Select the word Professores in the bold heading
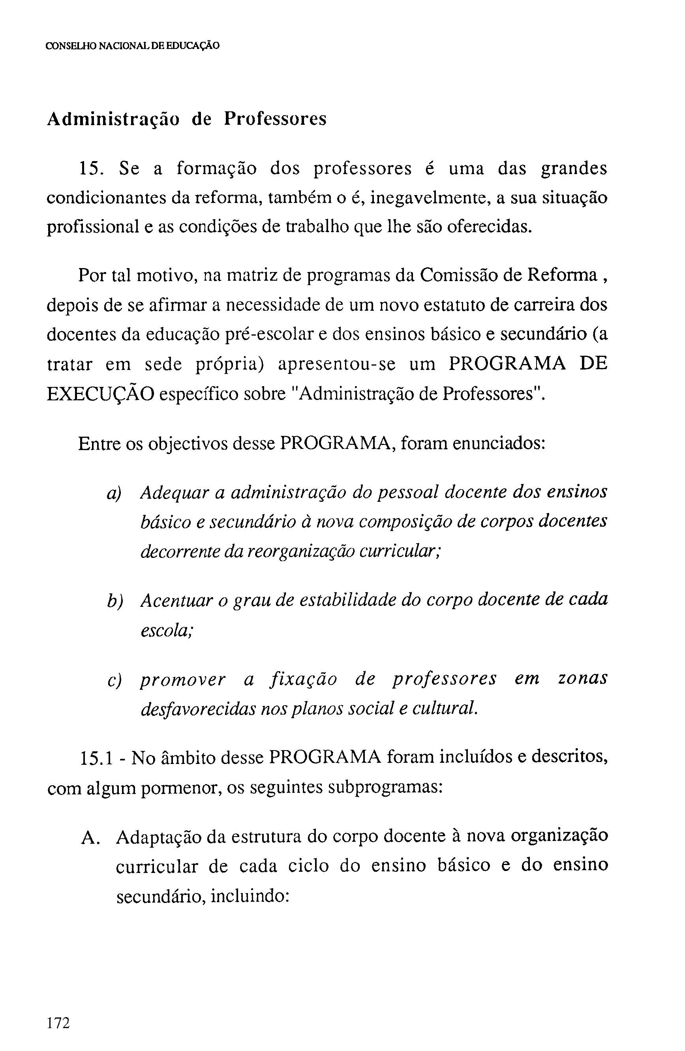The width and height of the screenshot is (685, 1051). [275, 119]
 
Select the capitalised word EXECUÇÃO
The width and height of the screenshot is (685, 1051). [100, 394]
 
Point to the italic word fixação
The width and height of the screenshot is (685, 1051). [303, 679]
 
